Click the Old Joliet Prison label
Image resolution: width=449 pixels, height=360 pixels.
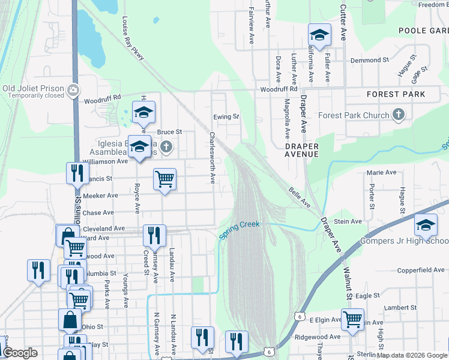tap(33, 88)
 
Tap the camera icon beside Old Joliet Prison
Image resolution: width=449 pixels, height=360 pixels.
tap(73, 91)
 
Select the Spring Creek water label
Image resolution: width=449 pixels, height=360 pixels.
tap(240, 230)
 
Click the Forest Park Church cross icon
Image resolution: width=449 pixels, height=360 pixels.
tap(398, 115)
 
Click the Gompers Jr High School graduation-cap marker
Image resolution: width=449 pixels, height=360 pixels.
tap(426, 226)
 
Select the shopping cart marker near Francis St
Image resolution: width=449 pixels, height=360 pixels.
tap(164, 179)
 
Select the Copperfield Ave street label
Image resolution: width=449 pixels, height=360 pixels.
tap(421, 271)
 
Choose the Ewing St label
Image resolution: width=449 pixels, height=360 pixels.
tap(226, 116)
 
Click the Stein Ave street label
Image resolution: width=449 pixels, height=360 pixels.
tap(348, 221)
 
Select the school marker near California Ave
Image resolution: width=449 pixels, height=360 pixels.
tap(320, 35)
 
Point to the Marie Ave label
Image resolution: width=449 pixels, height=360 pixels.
tap(382, 173)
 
